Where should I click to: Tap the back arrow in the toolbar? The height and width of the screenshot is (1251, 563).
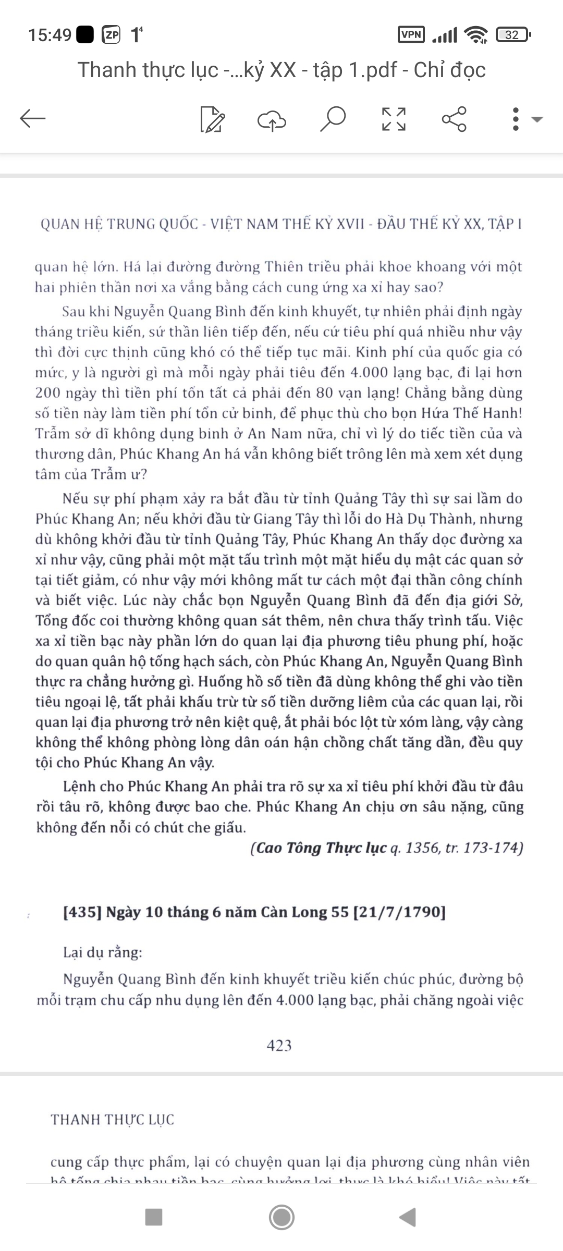pyautogui.click(x=33, y=119)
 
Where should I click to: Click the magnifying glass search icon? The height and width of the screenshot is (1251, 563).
pyautogui.click(x=333, y=119)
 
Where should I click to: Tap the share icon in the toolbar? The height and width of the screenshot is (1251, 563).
pyautogui.click(x=454, y=119)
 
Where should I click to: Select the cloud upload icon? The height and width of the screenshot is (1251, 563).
pyautogui.click(x=272, y=120)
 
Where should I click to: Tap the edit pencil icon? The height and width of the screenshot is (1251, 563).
pyautogui.click(x=213, y=119)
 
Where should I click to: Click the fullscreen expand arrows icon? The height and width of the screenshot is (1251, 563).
pyautogui.click(x=394, y=119)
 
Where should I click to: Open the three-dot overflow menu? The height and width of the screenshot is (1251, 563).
pyautogui.click(x=516, y=119)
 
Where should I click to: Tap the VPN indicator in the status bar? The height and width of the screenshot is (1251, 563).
pyautogui.click(x=411, y=35)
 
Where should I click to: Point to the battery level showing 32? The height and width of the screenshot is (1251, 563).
pyautogui.click(x=512, y=35)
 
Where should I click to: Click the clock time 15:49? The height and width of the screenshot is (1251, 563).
pyautogui.click(x=50, y=35)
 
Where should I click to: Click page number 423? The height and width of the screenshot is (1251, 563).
pyautogui.click(x=279, y=1045)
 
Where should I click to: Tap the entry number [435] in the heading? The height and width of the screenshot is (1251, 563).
pyautogui.click(x=82, y=912)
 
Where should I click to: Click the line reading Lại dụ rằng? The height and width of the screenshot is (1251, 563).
pyautogui.click(x=103, y=952)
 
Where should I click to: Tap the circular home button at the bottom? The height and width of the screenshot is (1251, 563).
pyautogui.click(x=281, y=1217)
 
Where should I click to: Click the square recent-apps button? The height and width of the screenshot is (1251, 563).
pyautogui.click(x=154, y=1217)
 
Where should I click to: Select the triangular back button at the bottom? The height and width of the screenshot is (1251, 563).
pyautogui.click(x=408, y=1217)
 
